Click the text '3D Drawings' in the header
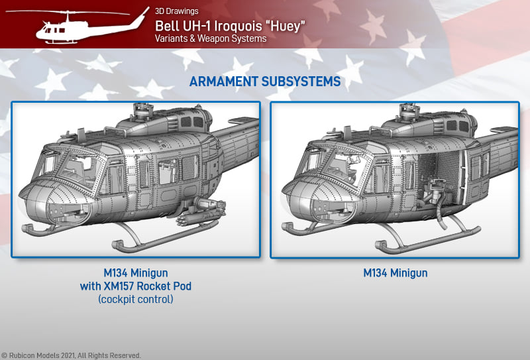tap(177, 11)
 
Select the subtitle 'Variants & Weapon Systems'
tap(211, 38)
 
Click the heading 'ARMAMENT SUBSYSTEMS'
tap(265, 82)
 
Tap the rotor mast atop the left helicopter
tap(143, 111)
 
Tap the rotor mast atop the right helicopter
tap(409, 111)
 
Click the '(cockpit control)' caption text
tap(136, 300)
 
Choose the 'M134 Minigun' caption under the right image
tap(395, 273)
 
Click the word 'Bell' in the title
tap(166, 26)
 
